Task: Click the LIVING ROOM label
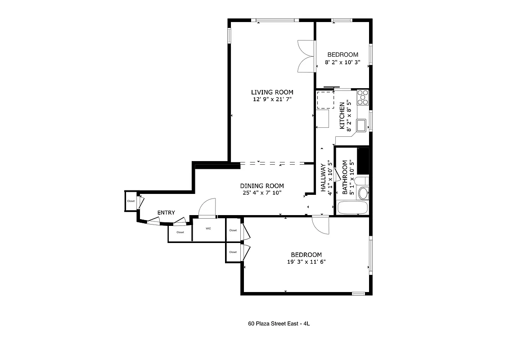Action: click(272, 92)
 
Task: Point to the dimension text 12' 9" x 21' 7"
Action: click(272, 99)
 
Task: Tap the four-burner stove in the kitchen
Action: click(363, 98)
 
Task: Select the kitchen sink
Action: click(361, 125)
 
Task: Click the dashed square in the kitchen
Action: click(325, 100)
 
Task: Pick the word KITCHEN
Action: click(342, 116)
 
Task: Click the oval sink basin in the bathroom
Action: click(362, 193)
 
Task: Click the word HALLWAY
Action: click(323, 177)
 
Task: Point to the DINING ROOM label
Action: click(261, 186)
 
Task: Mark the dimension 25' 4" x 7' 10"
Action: click(261, 193)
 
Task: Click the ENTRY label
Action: click(166, 213)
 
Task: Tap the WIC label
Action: click(208, 229)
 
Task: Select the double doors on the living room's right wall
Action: click(305, 56)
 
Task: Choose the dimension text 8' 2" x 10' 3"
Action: click(342, 63)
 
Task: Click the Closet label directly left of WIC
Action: click(180, 233)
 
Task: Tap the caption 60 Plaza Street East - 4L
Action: click(279, 323)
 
